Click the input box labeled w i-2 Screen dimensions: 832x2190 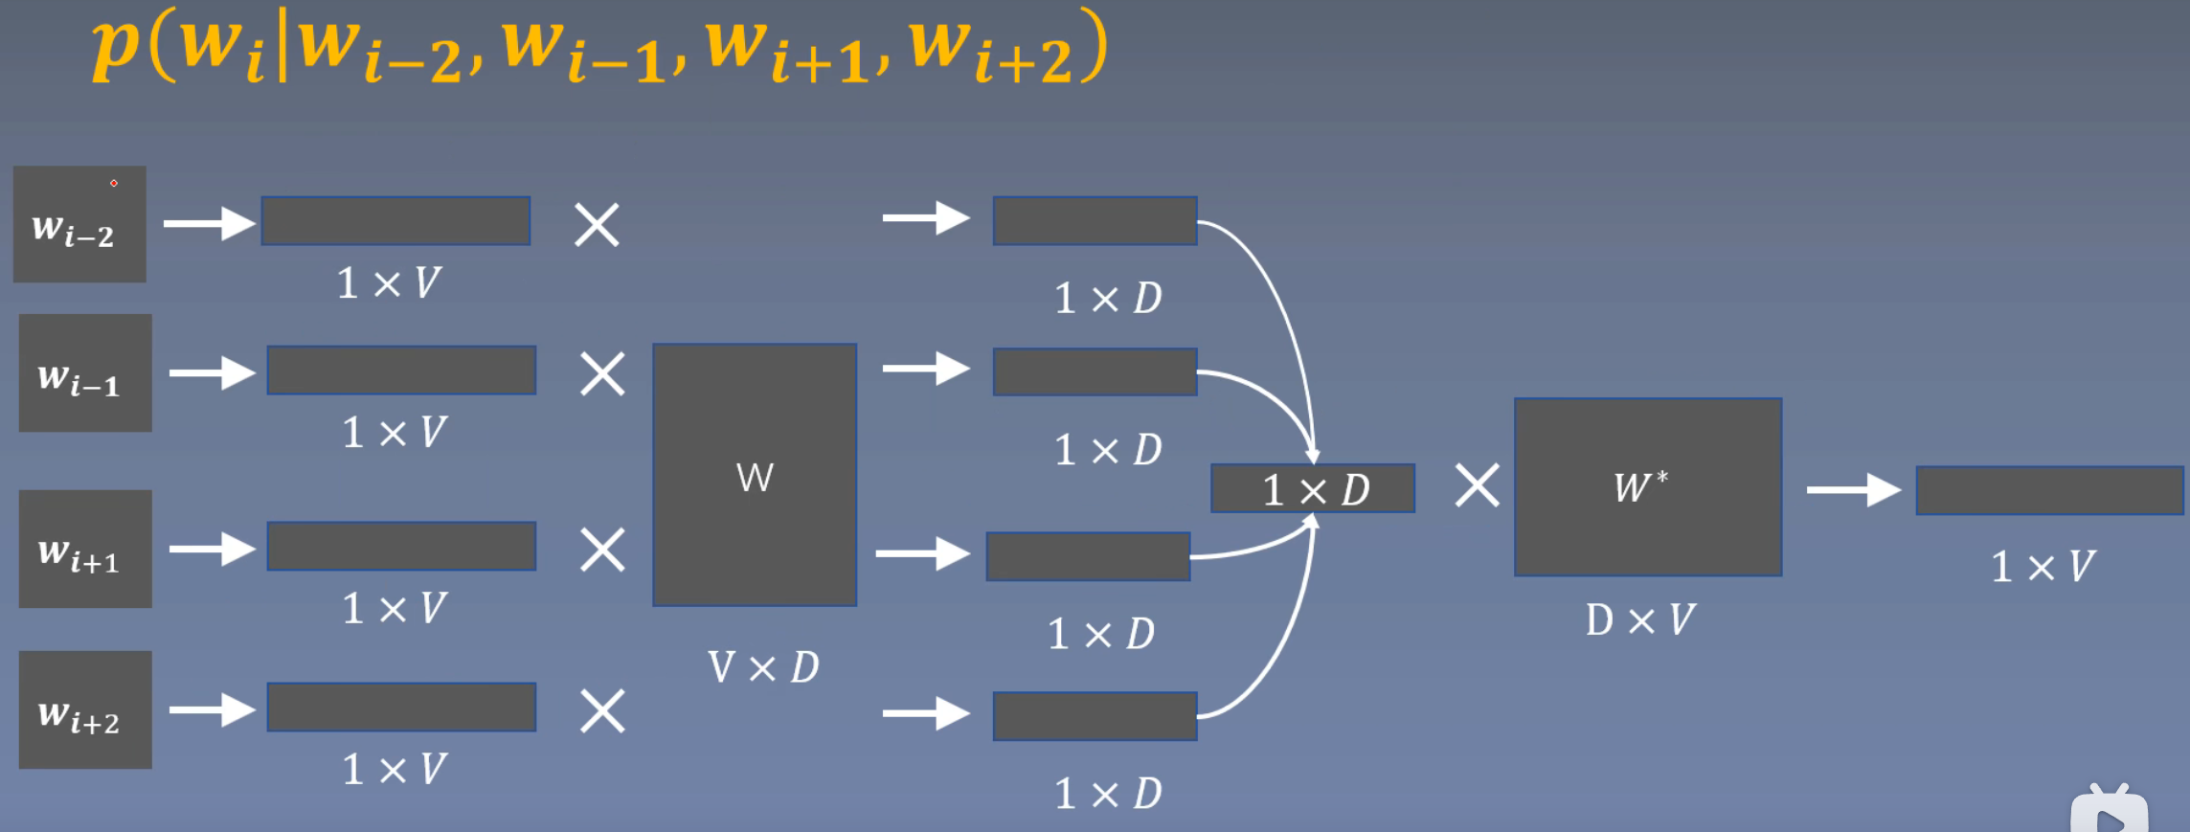(x=79, y=224)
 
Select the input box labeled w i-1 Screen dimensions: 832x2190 (x=85, y=373)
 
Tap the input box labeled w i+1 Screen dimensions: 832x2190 (x=85, y=549)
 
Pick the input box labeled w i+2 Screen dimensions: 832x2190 (x=85, y=709)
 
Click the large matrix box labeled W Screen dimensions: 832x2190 (x=755, y=475)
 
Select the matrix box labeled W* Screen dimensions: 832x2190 (x=1647, y=486)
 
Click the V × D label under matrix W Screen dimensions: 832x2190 (x=763, y=667)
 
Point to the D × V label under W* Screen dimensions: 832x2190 (x=1640, y=619)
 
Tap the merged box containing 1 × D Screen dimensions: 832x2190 (x=1312, y=489)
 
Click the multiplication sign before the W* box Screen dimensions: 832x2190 (x=1477, y=485)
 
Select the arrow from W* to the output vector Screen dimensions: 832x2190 (x=1852, y=489)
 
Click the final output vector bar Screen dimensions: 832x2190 (x=2048, y=490)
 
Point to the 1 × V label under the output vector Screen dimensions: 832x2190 (x=2043, y=567)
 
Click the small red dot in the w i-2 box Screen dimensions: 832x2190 (x=114, y=183)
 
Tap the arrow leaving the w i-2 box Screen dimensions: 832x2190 (x=208, y=224)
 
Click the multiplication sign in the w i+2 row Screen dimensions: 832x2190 (x=602, y=711)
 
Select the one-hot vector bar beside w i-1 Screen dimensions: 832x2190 (x=401, y=371)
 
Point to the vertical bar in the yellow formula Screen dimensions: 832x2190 (x=283, y=46)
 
